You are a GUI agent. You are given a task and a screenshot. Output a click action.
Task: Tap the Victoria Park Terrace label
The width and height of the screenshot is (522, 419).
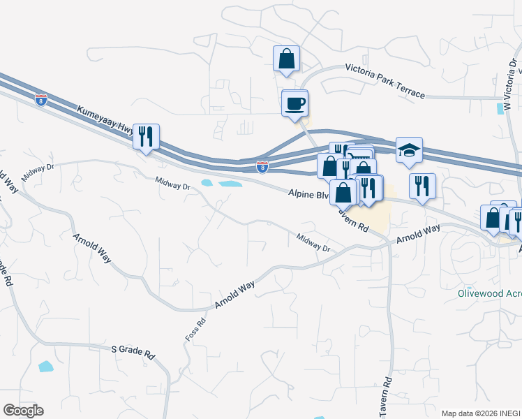tap(385, 82)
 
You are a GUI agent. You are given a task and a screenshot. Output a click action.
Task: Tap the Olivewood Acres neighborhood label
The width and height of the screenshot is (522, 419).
tap(489, 294)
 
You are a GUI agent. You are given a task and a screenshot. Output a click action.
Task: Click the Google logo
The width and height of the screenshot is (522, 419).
tap(23, 411)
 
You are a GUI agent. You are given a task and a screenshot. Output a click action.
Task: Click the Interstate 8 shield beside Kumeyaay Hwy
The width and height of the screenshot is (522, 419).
tap(41, 99)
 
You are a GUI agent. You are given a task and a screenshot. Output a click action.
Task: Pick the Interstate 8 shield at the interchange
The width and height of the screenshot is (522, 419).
tap(262, 167)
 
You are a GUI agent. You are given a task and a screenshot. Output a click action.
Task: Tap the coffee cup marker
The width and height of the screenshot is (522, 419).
tap(294, 103)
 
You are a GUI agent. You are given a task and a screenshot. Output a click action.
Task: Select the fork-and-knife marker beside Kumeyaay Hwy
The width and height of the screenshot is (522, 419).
tap(146, 135)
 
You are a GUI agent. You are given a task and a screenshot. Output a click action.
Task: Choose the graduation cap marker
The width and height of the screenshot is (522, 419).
tap(409, 149)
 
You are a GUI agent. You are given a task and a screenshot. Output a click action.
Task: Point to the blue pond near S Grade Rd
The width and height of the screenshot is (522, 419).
tap(45, 366)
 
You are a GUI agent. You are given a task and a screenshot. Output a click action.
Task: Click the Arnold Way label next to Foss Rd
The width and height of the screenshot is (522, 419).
tap(235, 294)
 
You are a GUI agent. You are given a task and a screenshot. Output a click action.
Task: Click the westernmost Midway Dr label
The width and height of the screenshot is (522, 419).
tap(37, 172)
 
